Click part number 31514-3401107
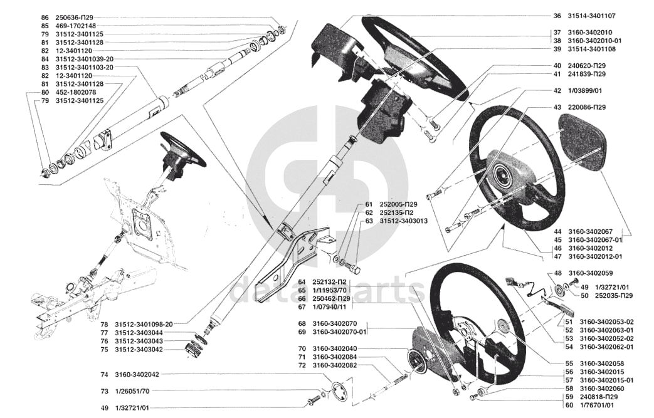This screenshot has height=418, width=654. (x=591, y=16)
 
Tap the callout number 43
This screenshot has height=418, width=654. (x=557, y=107)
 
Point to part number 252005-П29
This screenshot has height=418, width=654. (x=398, y=205)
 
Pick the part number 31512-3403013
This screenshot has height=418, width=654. (x=403, y=221)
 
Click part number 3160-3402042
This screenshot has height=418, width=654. (x=137, y=375)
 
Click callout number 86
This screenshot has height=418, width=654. (x=45, y=18)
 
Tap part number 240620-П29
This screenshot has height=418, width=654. (x=587, y=66)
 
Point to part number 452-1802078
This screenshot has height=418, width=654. (x=75, y=93)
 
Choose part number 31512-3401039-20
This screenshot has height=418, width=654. (x=84, y=59)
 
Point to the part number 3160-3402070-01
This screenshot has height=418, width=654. (x=339, y=332)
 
